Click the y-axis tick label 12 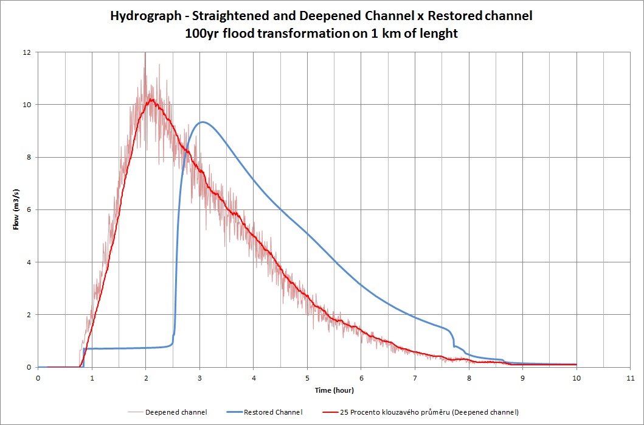point(26,52)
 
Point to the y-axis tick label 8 point(28,157)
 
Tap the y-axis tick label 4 point(28,262)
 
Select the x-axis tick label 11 point(630,378)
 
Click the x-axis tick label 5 point(307,378)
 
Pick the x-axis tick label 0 point(38,378)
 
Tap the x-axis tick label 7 point(415,378)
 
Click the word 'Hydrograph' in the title point(143,16)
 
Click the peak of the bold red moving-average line point(150,99)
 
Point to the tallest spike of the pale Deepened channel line point(145,54)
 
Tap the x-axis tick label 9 point(522,378)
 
